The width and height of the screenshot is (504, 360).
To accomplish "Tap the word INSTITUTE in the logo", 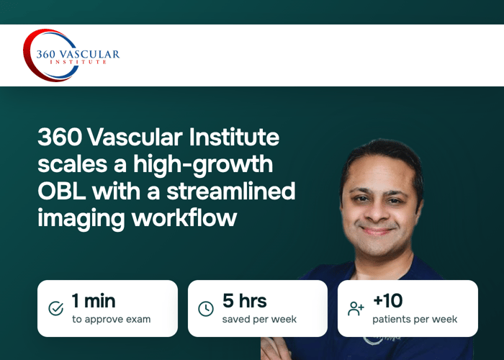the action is click(x=78, y=62).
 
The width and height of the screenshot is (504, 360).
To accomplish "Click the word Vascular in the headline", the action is click(x=135, y=138).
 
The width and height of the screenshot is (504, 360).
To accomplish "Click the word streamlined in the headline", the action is click(x=231, y=192).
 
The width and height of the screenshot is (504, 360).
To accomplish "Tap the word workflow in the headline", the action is click(x=184, y=218).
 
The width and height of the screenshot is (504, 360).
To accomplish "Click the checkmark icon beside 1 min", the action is click(x=56, y=309).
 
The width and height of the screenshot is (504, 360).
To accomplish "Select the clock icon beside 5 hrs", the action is click(x=206, y=309).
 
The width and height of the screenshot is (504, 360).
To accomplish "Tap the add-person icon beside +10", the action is click(x=356, y=309).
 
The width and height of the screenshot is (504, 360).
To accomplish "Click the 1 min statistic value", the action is click(x=94, y=301).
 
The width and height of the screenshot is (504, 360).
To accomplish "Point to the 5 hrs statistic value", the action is click(x=245, y=301).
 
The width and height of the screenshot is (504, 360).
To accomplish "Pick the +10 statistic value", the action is click(x=387, y=301).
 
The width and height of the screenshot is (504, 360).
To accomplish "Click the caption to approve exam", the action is click(x=111, y=320).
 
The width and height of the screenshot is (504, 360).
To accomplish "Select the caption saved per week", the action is click(x=259, y=320).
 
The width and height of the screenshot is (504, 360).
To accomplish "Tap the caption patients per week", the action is click(x=415, y=320).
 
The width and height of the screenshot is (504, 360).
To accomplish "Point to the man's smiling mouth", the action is click(x=377, y=231).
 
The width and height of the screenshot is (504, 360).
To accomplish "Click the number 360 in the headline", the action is click(x=60, y=138).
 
